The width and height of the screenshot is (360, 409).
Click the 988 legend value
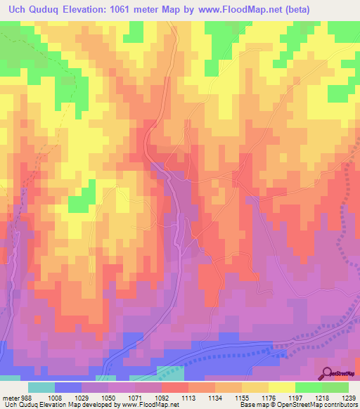point(26,396)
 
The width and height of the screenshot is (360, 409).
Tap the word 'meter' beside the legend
point(10,396)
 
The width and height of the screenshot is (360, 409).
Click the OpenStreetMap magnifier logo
point(328,375)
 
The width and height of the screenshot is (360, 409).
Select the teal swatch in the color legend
point(41,387)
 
